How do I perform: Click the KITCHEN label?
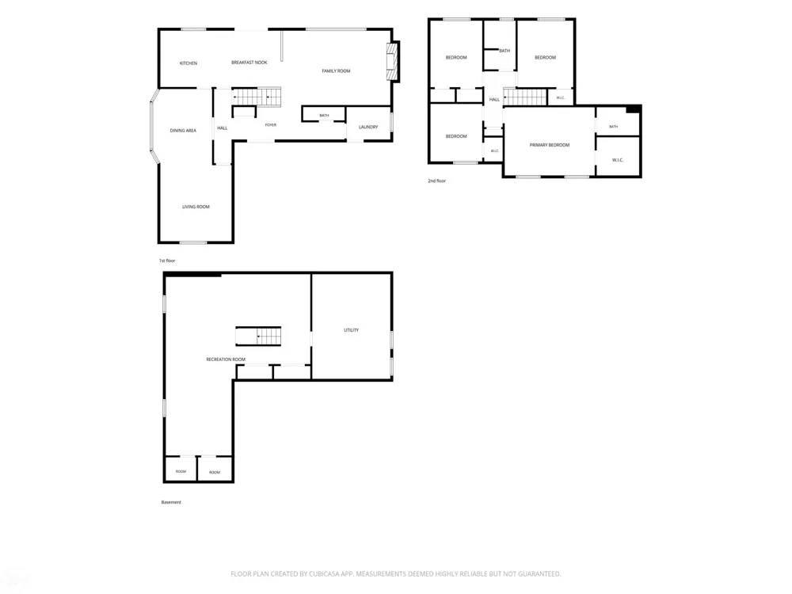188,63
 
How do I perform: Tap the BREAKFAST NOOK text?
249,63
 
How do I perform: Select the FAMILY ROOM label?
336,71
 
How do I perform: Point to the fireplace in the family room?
393,62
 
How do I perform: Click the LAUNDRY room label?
368,128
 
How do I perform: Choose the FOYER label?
271,125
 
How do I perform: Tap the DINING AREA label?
183,131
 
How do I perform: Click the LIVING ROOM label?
196,207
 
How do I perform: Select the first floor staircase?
257,97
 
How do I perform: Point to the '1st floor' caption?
167,261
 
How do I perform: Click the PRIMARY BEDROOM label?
550,145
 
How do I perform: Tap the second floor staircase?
525,97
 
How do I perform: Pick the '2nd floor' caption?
437,181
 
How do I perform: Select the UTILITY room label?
351,330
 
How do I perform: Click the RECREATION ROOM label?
226,360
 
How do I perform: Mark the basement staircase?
258,336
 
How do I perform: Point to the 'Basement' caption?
171,502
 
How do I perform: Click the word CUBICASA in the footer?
325,573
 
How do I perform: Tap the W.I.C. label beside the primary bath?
618,160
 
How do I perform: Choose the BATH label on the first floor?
324,116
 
